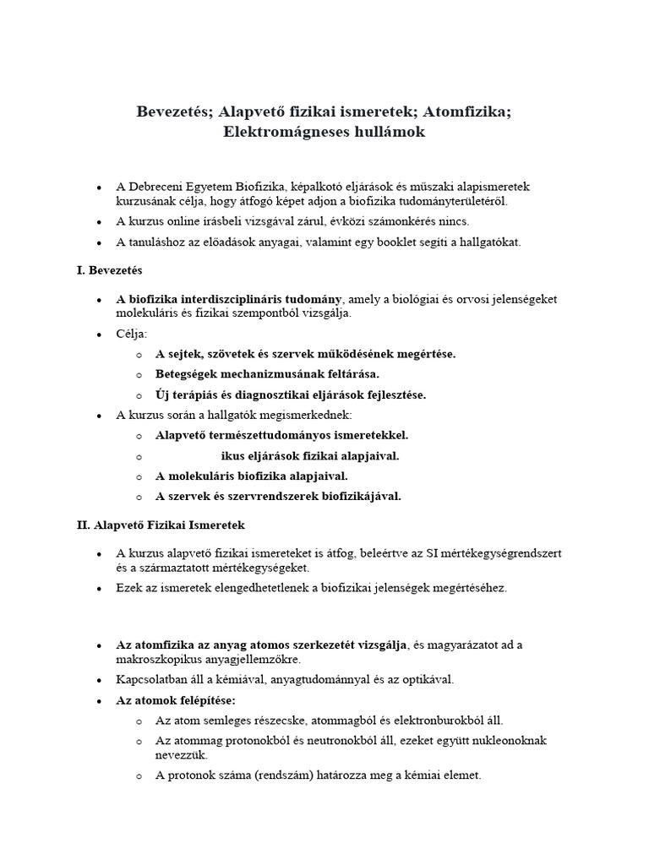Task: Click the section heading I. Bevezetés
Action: point(110,271)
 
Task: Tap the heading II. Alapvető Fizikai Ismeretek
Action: point(160,525)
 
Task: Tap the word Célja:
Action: point(132,334)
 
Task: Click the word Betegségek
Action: point(188,373)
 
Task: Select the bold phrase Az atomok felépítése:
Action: point(176,700)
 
